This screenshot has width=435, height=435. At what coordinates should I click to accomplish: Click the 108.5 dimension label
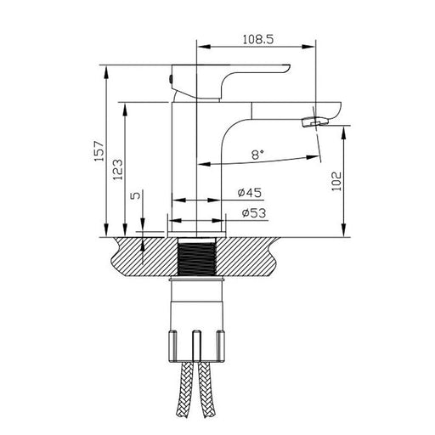coord(258,39)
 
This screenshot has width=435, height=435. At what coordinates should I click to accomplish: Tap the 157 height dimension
coord(99,151)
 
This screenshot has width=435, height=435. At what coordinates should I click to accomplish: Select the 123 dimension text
coord(118,170)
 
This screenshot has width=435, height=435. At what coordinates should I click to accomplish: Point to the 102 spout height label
coord(336,181)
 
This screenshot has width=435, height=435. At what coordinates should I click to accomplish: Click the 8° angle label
coord(257,155)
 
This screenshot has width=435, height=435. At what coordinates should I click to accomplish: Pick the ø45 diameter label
coord(250,193)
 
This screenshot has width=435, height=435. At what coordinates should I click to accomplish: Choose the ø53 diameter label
coord(254,213)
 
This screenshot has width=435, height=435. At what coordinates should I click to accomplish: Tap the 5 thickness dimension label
coord(136,195)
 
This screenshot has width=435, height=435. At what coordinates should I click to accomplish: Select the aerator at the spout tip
coord(315,121)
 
